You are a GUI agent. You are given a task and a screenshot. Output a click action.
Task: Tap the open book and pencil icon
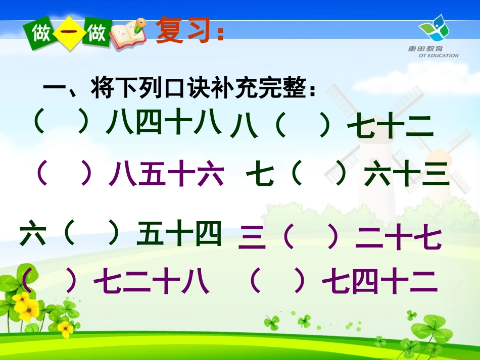pos(128,34)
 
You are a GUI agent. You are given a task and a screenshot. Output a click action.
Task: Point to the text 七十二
pos(390,127)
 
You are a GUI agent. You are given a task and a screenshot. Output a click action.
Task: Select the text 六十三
pos(407,175)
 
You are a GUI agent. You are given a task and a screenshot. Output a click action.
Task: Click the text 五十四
pos(179,235)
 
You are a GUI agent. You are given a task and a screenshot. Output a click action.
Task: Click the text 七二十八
pos(152,282)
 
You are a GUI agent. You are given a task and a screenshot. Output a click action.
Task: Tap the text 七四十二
pos(379,282)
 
